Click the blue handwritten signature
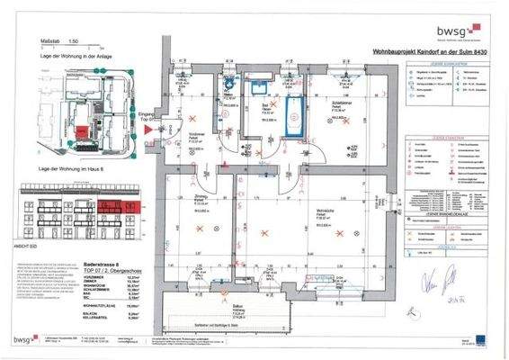click(x=436, y=274)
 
